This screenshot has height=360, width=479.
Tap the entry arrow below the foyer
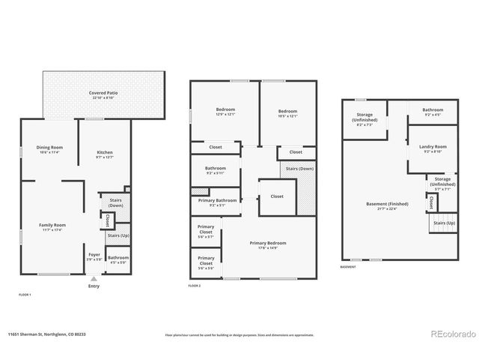pos(94,277)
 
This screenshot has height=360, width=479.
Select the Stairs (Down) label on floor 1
pos(116,202)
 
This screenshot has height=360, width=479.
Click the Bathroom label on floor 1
pos(118,259)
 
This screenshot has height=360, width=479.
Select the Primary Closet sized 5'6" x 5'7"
pos(206,230)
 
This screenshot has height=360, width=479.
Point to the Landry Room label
pos(434,148)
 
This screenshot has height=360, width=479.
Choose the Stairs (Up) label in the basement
pos(444,223)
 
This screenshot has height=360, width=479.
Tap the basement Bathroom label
pos(433,112)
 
